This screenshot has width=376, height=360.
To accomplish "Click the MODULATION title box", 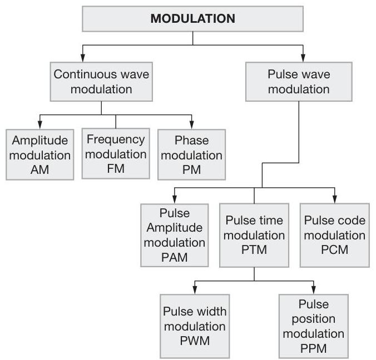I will (x=193, y=18).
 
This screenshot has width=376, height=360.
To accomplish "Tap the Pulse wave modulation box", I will (x=299, y=82).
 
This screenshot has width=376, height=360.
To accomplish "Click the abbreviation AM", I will (x=41, y=169).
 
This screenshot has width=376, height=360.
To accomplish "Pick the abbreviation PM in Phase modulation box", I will (x=191, y=169).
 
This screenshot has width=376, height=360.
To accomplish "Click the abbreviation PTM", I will (x=255, y=249).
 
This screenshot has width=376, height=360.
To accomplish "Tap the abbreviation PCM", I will (x=335, y=249).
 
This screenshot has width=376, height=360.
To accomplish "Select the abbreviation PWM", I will (x=194, y=340).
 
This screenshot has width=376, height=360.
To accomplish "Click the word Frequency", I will (x=116, y=139).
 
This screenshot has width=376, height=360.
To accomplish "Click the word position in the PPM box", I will (x=313, y=319).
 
